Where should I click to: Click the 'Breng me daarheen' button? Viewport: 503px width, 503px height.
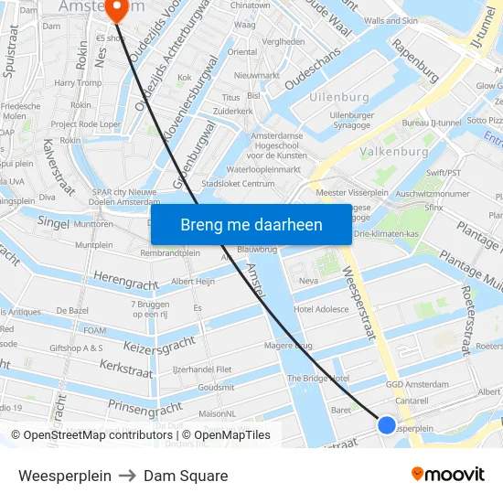[x=251, y=225]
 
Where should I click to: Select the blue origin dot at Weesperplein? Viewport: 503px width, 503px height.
[x=387, y=424]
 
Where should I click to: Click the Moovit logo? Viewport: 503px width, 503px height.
[x=448, y=474]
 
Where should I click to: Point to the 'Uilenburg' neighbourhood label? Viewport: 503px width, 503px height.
[x=339, y=97]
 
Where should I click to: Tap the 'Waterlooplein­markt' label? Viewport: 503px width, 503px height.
[x=263, y=169]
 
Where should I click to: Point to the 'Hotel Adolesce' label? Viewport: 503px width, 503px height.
[x=321, y=309]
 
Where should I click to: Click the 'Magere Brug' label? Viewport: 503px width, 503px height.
[x=287, y=345]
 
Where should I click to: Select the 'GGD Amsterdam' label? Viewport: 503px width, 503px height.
[x=417, y=385]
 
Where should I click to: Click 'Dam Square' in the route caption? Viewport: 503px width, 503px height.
[x=186, y=476]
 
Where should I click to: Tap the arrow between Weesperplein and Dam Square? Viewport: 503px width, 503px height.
[x=127, y=476]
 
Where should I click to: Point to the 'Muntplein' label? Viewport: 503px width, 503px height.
[x=94, y=245]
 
